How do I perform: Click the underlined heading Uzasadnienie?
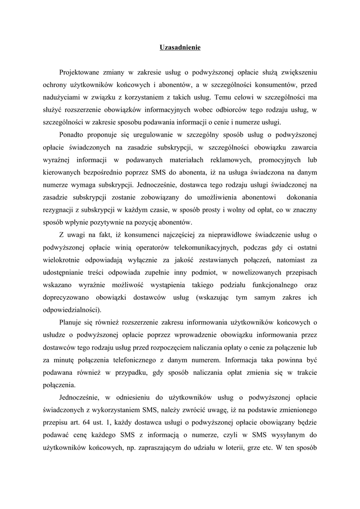(180, 48)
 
